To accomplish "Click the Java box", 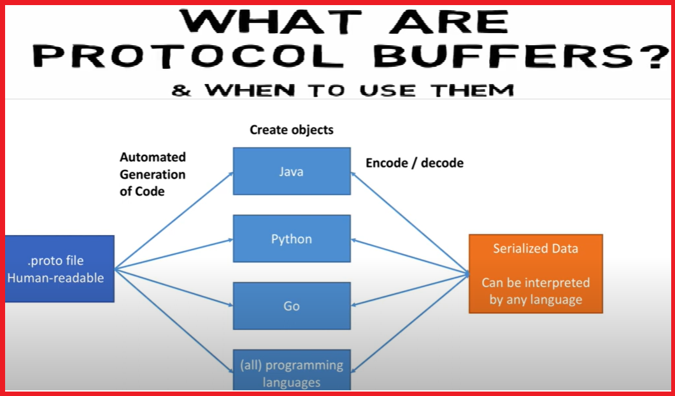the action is (292, 171).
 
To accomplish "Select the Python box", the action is (292, 239).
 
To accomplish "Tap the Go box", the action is (292, 306).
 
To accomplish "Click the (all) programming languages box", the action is (292, 373).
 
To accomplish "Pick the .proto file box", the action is (60, 269).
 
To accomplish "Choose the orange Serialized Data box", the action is (536, 274).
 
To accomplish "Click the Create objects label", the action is (292, 130).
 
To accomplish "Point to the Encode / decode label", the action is (415, 163).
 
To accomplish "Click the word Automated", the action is (153, 157).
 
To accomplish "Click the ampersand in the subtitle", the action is (181, 90).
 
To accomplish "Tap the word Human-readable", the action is (56, 278).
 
